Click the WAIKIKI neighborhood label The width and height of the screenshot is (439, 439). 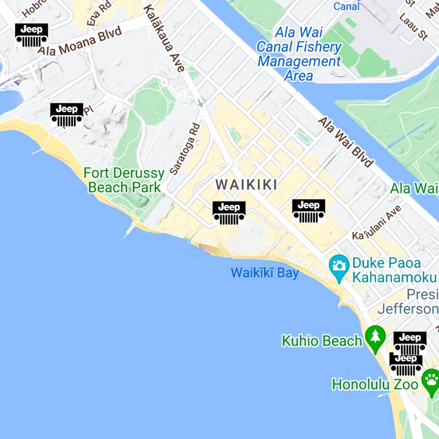[x=246, y=185]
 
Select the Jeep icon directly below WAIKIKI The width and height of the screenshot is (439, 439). [x=229, y=213]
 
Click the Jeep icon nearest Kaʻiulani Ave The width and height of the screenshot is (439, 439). [x=308, y=211]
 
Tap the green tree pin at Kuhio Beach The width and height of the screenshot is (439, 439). [x=375, y=339]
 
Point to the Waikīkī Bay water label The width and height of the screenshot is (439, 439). [x=264, y=273]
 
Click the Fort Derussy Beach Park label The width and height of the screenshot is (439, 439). [x=124, y=181]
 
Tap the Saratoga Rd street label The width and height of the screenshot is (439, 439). [x=184, y=148]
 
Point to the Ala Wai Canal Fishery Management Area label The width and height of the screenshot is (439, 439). [x=299, y=54]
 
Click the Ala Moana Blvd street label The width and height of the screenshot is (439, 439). [x=80, y=42]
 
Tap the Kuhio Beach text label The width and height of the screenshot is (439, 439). [x=322, y=341]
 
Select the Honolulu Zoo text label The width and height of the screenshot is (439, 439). [x=375, y=384]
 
